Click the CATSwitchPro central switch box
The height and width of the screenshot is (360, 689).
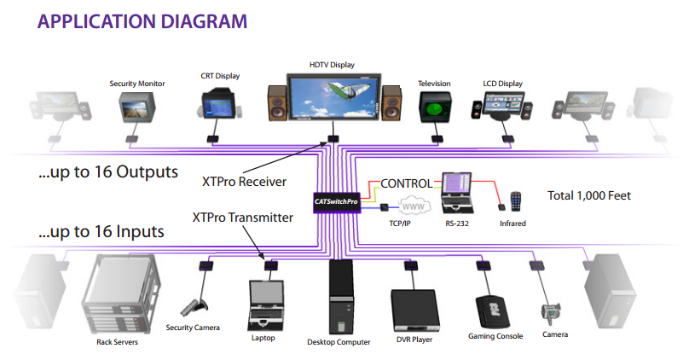(335, 202)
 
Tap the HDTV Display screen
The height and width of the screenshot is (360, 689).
(332, 101)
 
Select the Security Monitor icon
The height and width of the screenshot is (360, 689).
(136, 107)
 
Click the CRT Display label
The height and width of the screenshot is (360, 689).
(219, 76)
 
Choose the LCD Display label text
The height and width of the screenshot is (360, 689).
(501, 84)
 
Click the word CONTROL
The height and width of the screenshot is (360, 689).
(408, 183)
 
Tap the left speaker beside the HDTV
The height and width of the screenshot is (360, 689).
(278, 104)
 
